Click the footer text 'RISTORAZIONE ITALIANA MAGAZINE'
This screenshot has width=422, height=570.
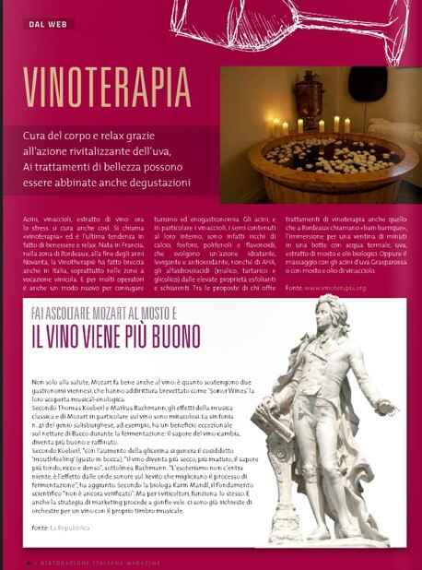[102, 561]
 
